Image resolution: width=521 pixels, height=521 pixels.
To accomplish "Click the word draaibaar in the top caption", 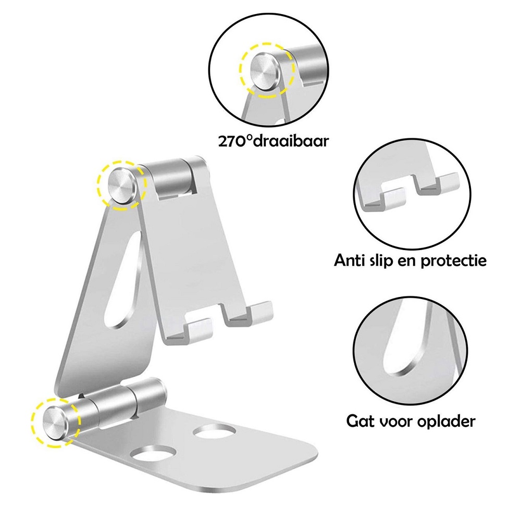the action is [x=290, y=141].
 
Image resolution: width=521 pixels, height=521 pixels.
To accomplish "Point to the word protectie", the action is [x=453, y=261].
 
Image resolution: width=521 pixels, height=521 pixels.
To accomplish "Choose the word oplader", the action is [x=446, y=422].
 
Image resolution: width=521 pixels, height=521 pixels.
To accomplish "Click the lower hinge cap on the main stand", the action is [x=56, y=423].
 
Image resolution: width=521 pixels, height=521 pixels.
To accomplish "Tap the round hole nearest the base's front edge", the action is [x=154, y=453].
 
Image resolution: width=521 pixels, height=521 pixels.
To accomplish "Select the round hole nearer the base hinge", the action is [x=215, y=432].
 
